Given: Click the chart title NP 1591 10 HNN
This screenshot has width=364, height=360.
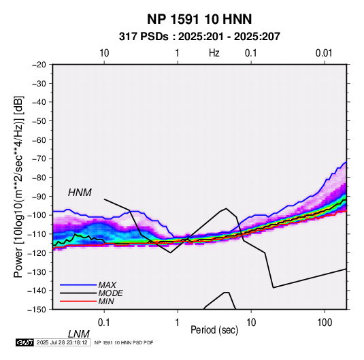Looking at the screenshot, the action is click(199, 19).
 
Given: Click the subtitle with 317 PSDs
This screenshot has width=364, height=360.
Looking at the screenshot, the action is click(199, 37).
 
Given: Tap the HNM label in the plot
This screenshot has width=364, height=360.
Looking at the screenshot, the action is click(80, 193).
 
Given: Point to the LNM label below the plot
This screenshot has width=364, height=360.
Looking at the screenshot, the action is click(79, 334).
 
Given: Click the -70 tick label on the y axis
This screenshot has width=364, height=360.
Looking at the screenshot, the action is click(39, 159).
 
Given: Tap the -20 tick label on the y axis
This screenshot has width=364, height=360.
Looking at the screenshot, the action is click(39, 65).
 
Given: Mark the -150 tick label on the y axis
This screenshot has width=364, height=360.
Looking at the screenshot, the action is click(38, 310).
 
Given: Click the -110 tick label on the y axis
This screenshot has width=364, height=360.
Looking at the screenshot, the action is click(38, 234).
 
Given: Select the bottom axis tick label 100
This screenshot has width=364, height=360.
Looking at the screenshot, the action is click(325, 323).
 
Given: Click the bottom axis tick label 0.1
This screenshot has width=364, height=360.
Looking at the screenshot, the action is click(104, 323).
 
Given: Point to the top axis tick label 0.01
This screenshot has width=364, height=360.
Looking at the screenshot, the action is click(324, 53).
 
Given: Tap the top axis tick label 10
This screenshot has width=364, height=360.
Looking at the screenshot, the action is click(104, 53).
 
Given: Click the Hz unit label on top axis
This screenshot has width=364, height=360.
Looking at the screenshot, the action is click(214, 53).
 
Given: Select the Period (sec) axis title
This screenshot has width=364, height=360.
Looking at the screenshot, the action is click(214, 330).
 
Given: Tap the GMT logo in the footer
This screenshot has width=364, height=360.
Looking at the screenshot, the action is click(25, 342).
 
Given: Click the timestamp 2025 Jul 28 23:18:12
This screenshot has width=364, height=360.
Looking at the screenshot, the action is click(62, 342).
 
